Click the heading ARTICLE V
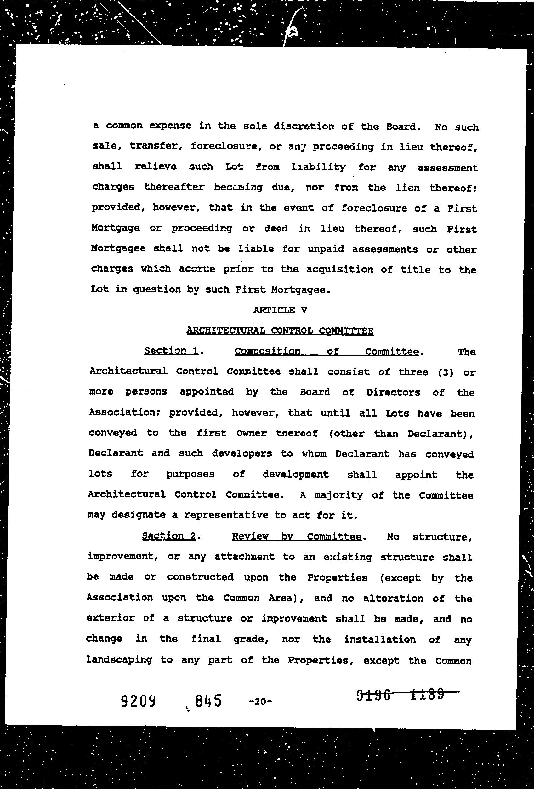coord(280,310)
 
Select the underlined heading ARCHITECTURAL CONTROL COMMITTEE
coord(280,331)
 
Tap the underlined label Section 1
coord(171,351)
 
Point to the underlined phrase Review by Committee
coord(297,536)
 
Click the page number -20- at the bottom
coord(260,701)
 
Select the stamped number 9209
coord(138,701)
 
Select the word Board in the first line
coord(401,127)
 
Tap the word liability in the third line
coord(318,167)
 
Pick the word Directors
coord(393,393)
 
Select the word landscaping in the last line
coord(119,660)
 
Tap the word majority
coord(338,495)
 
